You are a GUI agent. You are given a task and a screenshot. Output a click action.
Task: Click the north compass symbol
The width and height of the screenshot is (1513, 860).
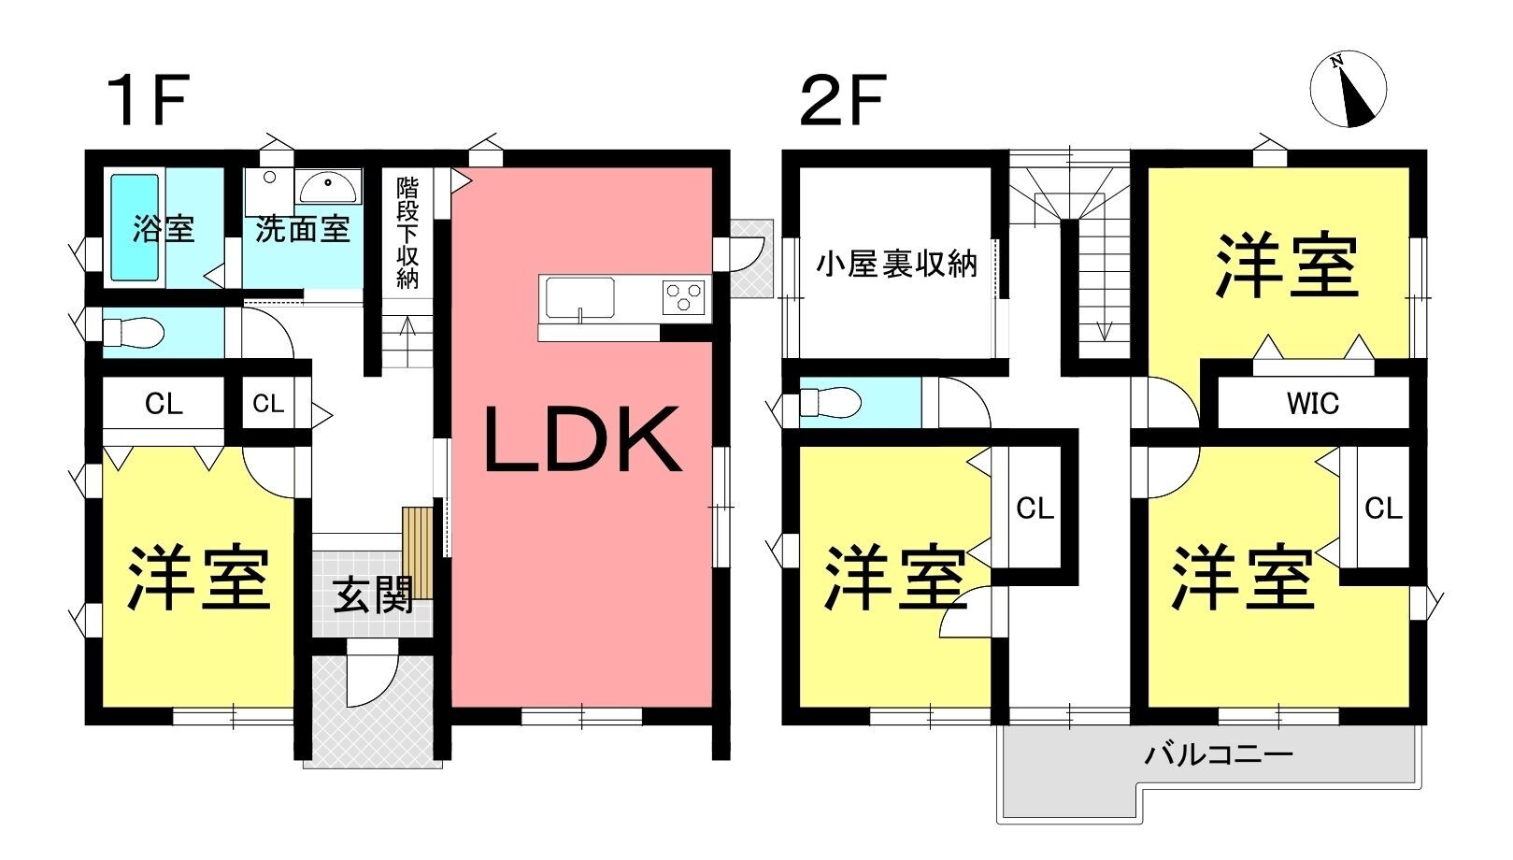(x=1348, y=90)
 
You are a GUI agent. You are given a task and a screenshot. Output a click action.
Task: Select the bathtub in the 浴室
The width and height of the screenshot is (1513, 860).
(x=135, y=227)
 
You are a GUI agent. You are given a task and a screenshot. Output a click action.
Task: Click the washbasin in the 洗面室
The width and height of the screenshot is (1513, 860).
(x=328, y=187)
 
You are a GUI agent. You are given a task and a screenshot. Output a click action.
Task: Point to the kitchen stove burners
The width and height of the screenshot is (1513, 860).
(x=684, y=296)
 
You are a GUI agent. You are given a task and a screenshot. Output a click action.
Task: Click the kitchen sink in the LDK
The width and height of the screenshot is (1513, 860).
(x=580, y=298)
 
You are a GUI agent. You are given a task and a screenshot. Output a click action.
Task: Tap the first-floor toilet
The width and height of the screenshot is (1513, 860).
(x=132, y=332)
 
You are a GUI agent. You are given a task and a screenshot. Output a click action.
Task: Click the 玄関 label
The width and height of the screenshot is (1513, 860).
(x=374, y=595)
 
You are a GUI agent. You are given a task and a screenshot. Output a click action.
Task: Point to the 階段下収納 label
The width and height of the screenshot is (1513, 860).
(x=407, y=232)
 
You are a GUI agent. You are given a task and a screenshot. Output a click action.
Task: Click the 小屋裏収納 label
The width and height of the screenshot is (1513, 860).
(x=896, y=265)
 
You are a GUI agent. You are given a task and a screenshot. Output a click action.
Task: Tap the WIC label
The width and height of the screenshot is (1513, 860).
(x=1312, y=404)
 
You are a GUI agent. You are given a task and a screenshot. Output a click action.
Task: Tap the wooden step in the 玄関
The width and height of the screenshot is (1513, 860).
(x=418, y=552)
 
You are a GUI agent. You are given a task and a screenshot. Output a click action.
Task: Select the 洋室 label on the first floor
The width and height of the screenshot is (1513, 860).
(x=199, y=578)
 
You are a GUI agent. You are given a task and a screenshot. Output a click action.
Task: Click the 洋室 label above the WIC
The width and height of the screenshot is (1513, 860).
(x=1287, y=265)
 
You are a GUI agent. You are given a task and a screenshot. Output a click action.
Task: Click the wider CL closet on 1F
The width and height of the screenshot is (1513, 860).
(x=164, y=404)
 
